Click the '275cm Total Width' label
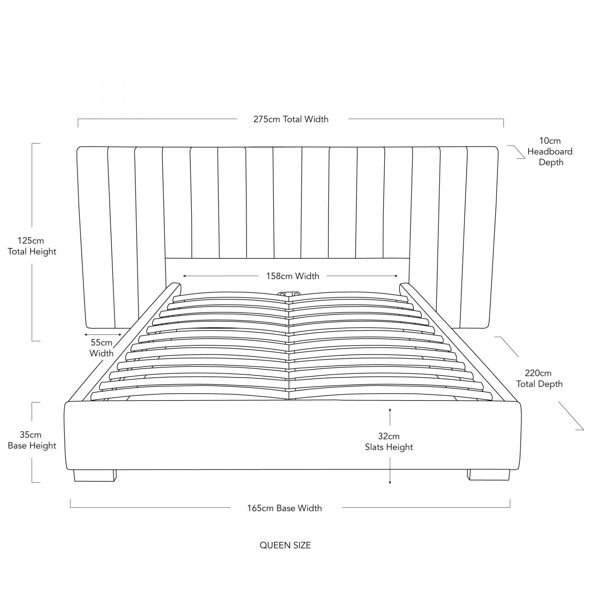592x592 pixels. pos(291,119)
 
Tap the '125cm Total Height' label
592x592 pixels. pos(32,246)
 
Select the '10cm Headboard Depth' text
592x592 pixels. pos(550,151)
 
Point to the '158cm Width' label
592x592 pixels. pos(293,276)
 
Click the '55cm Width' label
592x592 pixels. pos(101,348)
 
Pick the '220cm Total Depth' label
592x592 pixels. pos(539,378)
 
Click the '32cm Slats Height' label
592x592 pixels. pos(389,442)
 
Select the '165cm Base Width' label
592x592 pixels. pos(284,508)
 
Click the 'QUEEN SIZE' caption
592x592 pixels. pos(285,545)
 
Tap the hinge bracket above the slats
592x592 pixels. pos(289,294)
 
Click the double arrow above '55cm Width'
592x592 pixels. pos(103,335)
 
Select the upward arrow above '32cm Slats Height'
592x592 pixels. pos(390,417)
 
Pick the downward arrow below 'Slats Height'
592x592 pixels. pos(390,475)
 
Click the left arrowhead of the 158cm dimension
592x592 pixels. pos(184,276)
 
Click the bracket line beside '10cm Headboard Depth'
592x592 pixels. pos(516,152)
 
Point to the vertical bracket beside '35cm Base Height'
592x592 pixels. pos(36,442)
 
